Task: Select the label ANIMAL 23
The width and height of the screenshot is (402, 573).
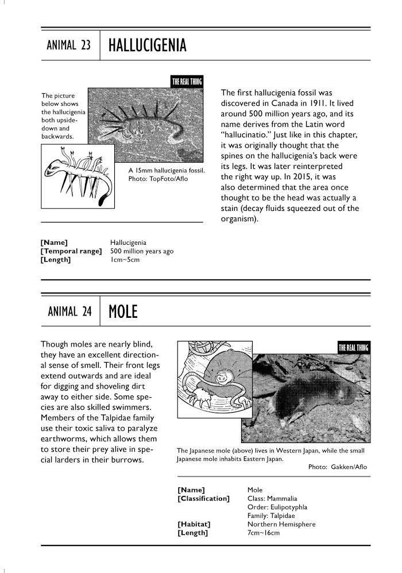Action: pyautogui.click(x=68, y=46)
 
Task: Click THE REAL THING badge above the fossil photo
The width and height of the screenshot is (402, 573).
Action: pyautogui.click(x=187, y=82)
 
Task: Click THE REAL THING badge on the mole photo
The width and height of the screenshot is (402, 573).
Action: pyautogui.click(x=353, y=347)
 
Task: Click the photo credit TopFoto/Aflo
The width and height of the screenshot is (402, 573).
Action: pyautogui.click(x=167, y=179)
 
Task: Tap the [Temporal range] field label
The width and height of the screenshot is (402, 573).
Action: pyautogui.click(x=71, y=251)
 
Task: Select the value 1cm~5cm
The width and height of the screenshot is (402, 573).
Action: pyautogui.click(x=125, y=260)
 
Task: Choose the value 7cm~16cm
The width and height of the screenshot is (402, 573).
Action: pyautogui.click(x=263, y=533)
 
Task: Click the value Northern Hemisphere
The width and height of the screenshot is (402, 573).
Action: pyautogui.click(x=281, y=524)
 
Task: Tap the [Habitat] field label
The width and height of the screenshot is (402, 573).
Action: pyautogui.click(x=194, y=524)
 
